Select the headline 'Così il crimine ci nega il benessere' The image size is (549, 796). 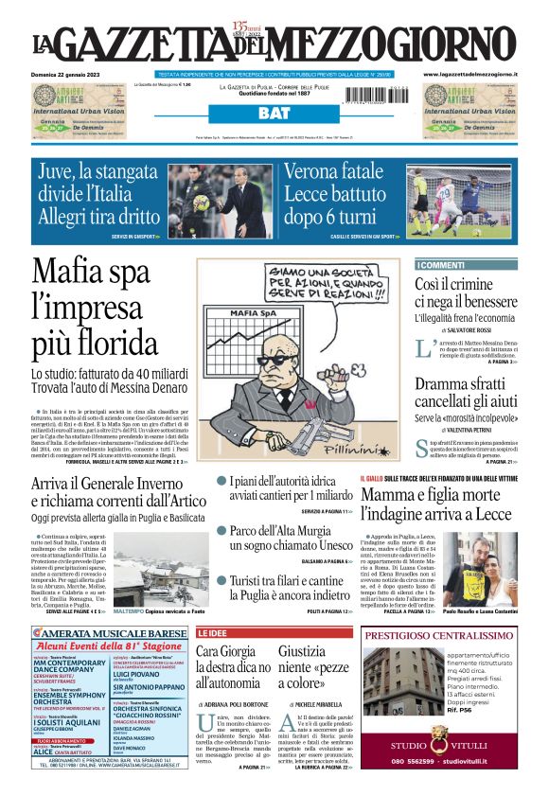[x=466, y=293]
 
